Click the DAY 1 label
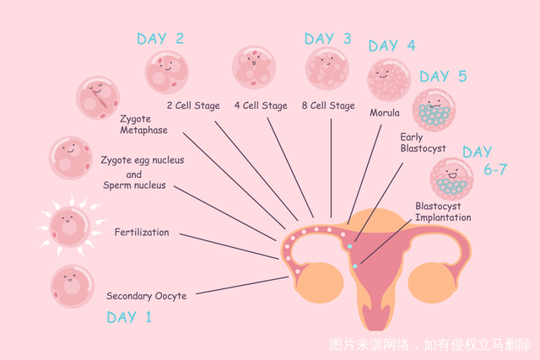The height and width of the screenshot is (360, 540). coord(129,317)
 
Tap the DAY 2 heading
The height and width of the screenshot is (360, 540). coord(160,39)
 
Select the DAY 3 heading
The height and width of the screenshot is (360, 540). coord(327,39)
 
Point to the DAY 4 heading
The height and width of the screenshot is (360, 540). coord(391,46)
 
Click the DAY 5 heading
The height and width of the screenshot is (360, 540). coord(443,76)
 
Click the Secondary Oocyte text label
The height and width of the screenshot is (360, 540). coord(146,296)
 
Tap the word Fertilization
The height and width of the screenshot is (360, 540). coord(142,233)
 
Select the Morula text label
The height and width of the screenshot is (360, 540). coord(385,113)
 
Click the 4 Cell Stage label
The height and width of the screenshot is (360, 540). coord(261,105)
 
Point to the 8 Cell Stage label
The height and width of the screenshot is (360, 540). coord(328,105)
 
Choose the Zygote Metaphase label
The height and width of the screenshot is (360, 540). coord(143,124)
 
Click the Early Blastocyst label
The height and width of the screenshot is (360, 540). coord(423,142)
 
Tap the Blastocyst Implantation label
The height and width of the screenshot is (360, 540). coord(443,212)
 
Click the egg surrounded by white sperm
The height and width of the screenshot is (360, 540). coord(70,226)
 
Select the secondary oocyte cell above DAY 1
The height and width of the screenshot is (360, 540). coord(73,286)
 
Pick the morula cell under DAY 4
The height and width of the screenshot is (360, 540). coord(389,80)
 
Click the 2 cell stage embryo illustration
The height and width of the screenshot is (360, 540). coord(167,72)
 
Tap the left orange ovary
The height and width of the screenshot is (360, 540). coord(321,283)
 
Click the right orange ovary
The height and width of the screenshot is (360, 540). coord(432,283)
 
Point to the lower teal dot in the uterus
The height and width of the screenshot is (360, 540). coord(355,266)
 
